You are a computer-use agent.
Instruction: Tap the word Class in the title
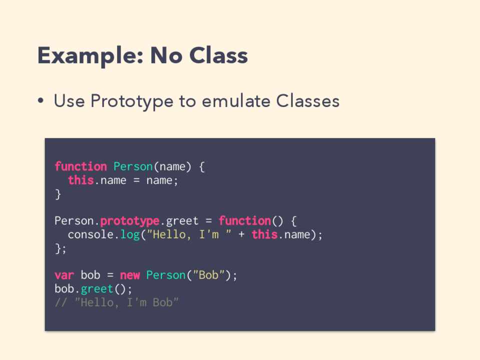coord(219,55)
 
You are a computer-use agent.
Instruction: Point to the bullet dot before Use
coord(41,100)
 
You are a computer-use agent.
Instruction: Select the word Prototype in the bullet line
coord(132,101)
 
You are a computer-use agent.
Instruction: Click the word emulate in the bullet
coord(236,100)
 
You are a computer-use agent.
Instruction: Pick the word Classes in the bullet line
coord(308,100)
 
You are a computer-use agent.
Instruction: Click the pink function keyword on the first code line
coord(81,166)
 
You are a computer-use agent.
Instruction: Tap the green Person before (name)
coord(133,166)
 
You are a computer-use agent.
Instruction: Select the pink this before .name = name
coord(81,180)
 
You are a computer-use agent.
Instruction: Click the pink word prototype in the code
coord(130,221)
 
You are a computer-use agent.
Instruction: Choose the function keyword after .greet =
coord(245,221)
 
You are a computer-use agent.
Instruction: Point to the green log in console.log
coord(130,234)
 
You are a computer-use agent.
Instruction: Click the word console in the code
coord(91,234)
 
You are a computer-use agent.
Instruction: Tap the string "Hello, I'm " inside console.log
coord(189,234)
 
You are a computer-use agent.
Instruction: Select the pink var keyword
coord(64,275)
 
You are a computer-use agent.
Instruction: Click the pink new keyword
coord(130,275)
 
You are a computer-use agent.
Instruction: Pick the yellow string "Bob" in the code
coord(209,275)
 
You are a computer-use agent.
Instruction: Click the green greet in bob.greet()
coord(97,289)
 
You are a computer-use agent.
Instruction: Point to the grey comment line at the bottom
coord(117,302)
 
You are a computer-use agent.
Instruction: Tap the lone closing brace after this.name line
coord(58,194)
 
